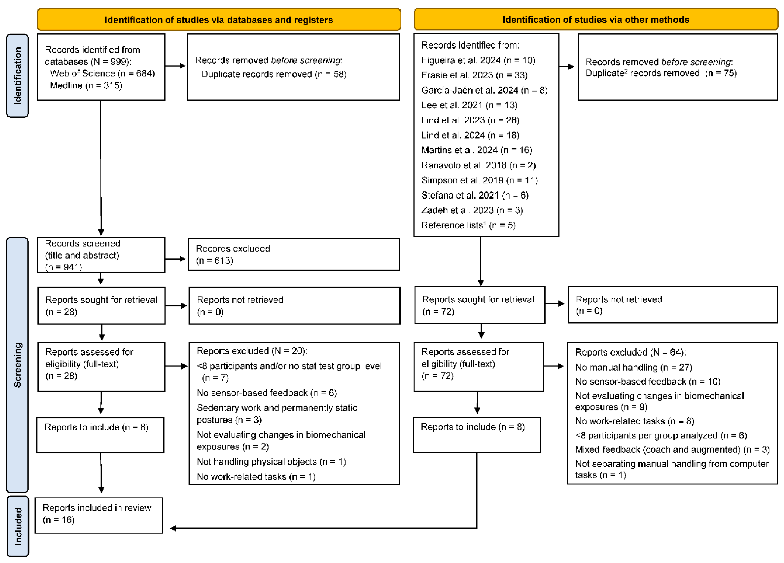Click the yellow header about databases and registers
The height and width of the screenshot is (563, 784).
click(219, 20)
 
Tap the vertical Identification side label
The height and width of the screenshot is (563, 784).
click(17, 76)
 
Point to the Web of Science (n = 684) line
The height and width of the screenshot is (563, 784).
click(102, 73)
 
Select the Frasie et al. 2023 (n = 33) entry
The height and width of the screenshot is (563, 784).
click(474, 75)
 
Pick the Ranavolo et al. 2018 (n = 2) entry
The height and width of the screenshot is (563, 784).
click(478, 165)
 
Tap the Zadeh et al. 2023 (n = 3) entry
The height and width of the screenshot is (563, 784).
click(472, 210)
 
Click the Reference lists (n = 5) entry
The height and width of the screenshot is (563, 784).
click(468, 225)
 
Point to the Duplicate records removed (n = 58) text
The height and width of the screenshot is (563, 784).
click(274, 74)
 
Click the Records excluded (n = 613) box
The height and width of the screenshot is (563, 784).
click(294, 254)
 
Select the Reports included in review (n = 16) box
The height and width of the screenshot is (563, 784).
click(99, 515)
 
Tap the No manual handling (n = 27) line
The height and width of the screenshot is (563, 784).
click(633, 367)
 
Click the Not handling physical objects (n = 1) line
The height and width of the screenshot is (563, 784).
click(271, 462)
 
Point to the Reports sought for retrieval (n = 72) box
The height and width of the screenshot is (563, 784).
click(480, 305)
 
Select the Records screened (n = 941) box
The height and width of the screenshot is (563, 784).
click(101, 255)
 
